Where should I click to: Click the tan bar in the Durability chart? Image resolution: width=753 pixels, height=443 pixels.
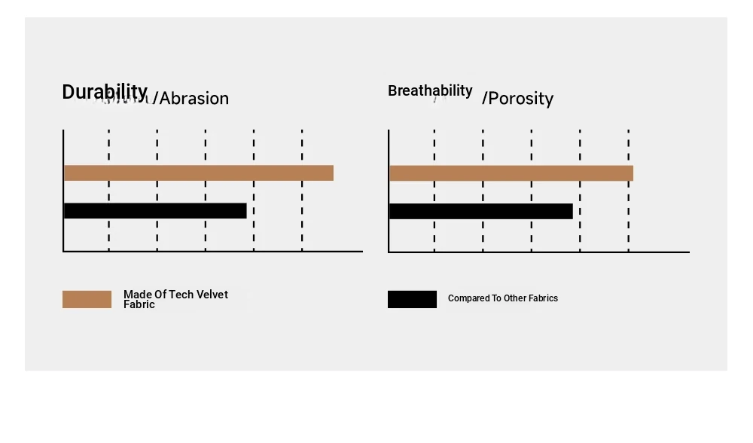coord(198,173)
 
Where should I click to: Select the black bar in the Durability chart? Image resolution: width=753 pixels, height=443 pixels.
coord(155,211)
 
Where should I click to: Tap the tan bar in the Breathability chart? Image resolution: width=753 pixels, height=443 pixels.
coord(511,173)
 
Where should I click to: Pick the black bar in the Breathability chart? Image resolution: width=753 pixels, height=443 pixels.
coord(480,212)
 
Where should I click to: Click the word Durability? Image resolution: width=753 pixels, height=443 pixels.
coord(105,92)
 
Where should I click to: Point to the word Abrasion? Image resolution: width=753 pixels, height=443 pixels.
coord(194,99)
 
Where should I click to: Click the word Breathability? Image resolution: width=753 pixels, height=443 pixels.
coord(430,90)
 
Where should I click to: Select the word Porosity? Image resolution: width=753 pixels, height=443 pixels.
coord(520,99)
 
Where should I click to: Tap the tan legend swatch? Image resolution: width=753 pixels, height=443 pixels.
coord(87,299)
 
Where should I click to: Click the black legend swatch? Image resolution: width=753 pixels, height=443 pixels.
coord(412,299)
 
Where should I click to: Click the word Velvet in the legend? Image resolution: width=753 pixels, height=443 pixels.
coord(210,295)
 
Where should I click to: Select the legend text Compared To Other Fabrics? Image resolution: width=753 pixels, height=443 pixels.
coord(503,298)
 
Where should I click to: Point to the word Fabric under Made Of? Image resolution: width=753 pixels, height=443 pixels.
coord(139,304)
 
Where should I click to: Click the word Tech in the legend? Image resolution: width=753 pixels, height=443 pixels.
coord(179,295)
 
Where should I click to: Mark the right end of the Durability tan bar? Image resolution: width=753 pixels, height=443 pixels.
coord(334,173)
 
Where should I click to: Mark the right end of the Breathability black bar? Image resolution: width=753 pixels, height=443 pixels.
coord(572,212)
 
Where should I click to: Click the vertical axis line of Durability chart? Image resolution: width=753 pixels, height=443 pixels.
coord(63,191)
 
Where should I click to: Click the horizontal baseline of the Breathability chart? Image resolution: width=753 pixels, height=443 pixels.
coord(539,252)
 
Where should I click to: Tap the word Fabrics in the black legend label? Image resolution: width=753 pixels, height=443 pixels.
coord(543,298)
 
